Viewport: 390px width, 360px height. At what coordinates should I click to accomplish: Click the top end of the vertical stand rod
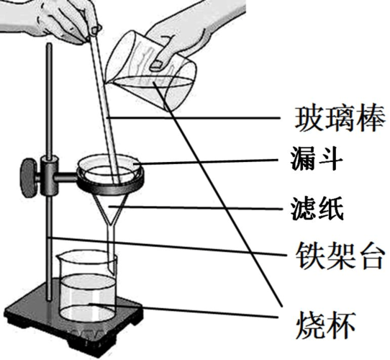49,47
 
